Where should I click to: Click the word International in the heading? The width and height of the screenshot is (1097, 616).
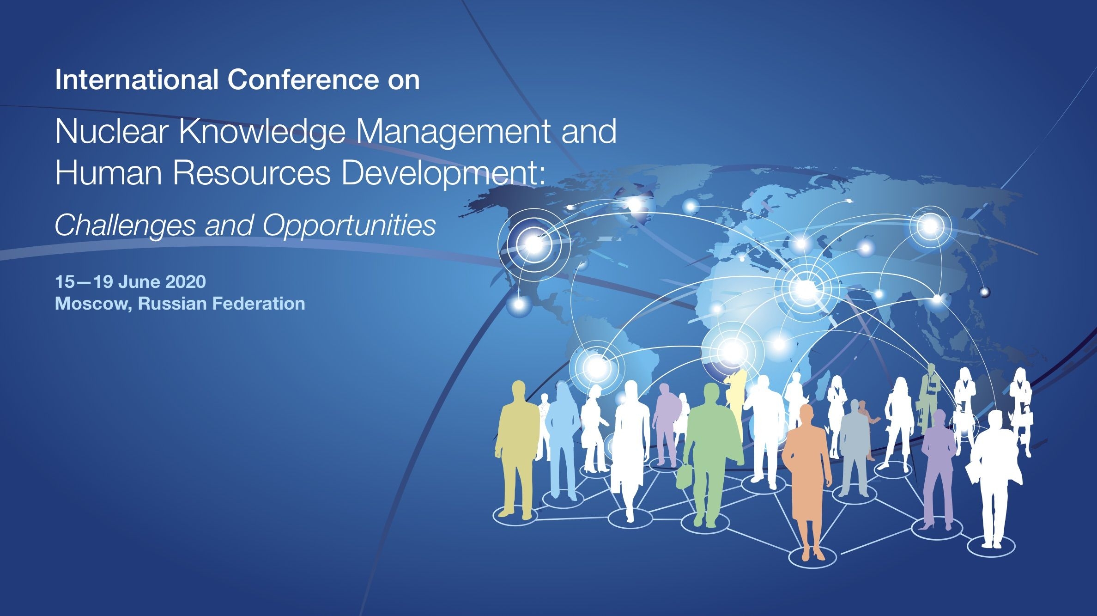[x=137, y=80]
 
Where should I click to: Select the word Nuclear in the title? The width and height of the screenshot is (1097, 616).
[x=113, y=132]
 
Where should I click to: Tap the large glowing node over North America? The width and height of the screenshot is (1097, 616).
[x=534, y=244]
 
